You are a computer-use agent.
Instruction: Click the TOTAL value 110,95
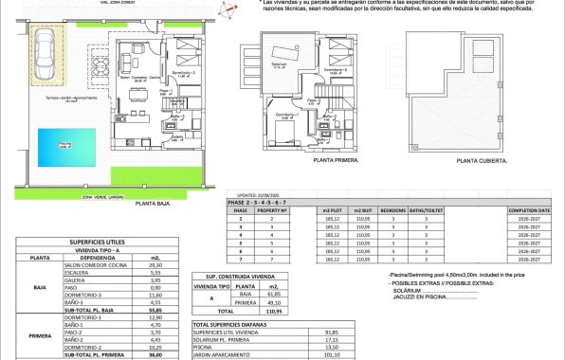(x=273, y=310)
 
